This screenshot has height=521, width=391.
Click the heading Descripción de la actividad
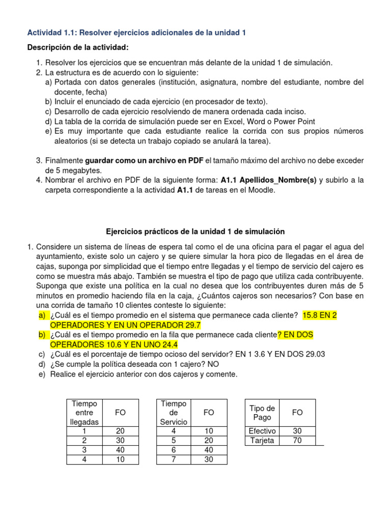point(77,47)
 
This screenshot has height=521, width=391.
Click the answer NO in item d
point(214,364)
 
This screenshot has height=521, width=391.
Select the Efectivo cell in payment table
point(262,431)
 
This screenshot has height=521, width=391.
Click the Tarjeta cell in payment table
point(262,441)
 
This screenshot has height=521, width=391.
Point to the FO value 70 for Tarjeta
point(297,441)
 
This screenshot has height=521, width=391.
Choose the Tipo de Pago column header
point(262,413)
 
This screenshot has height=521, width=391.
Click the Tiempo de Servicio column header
point(174,413)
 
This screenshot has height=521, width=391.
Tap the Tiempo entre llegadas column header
point(85,413)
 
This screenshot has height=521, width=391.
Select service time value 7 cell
point(174,459)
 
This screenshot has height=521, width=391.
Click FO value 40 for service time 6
point(209,450)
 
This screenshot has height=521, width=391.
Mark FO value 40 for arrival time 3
point(120,450)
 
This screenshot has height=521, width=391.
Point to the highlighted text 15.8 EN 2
point(319,315)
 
